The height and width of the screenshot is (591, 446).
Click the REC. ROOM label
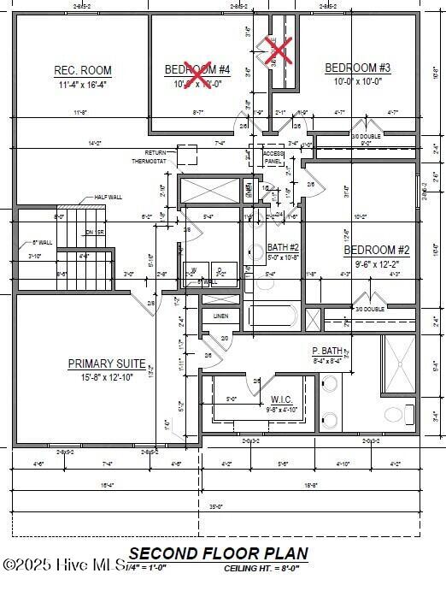point(83,71)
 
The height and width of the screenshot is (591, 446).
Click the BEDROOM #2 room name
point(377,251)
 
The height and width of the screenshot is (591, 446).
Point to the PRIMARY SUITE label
point(107,363)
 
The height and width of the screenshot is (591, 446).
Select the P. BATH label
point(327,351)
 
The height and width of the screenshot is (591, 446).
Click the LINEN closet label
point(220,316)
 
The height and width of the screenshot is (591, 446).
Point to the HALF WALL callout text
point(108,197)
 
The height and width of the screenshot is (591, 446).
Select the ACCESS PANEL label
point(273,157)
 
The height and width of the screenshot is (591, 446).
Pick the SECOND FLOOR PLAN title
point(219,554)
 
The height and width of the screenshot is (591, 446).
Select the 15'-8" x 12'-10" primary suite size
point(107,378)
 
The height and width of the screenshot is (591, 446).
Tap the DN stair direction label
point(88,232)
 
